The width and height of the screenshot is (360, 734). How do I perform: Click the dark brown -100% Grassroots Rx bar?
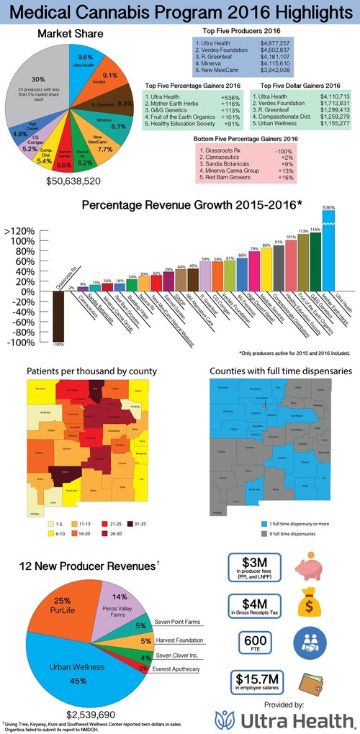click(60, 317)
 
